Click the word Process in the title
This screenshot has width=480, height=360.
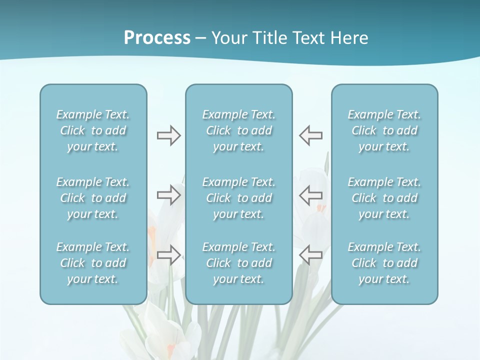[x=157, y=38]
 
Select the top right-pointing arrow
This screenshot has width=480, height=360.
[x=168, y=135]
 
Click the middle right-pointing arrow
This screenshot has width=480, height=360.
[x=168, y=194]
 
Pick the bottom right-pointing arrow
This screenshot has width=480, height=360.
[x=168, y=255]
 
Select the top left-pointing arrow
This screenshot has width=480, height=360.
[x=311, y=135]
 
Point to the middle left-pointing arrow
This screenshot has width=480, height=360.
[x=311, y=194]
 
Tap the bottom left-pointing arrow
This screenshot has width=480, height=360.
[x=311, y=255]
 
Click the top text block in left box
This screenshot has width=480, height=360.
[x=93, y=130]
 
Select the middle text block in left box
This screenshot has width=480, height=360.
[x=93, y=198]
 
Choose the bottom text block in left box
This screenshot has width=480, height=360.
[x=93, y=263]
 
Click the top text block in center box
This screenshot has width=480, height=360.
[x=239, y=130]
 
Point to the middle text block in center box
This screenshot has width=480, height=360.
[x=239, y=198]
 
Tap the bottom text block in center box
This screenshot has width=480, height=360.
[x=239, y=263]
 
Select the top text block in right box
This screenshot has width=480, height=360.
[x=384, y=130]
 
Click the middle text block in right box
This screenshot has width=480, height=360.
[x=384, y=198]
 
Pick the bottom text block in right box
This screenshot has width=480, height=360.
[x=384, y=263]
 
